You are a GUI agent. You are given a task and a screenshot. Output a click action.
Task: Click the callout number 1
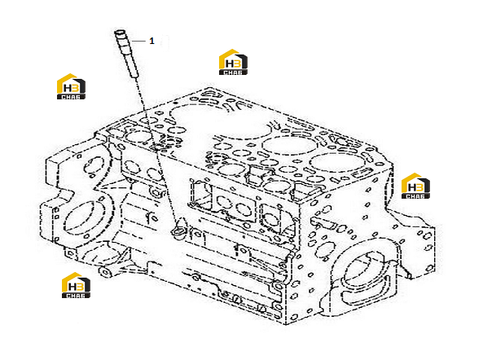click(x=151, y=41)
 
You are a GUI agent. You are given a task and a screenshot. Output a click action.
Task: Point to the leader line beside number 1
click(x=138, y=41)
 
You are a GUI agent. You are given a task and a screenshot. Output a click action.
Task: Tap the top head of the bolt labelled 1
click(x=120, y=33)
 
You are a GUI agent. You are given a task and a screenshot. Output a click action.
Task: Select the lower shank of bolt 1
click(x=131, y=65)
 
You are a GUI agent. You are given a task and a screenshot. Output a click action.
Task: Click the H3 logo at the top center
click(x=233, y=62)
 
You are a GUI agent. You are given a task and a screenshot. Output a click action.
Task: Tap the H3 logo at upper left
click(x=71, y=86)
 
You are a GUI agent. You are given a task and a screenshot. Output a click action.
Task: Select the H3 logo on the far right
click(x=415, y=186)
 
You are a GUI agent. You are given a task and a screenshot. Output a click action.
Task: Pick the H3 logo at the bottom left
click(x=76, y=285)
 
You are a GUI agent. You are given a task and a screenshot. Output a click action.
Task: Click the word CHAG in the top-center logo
click(x=233, y=72)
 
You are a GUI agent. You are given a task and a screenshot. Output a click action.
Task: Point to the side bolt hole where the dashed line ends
click(x=178, y=230)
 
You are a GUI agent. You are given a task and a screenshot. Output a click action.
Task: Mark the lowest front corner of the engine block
click(x=285, y=325)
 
